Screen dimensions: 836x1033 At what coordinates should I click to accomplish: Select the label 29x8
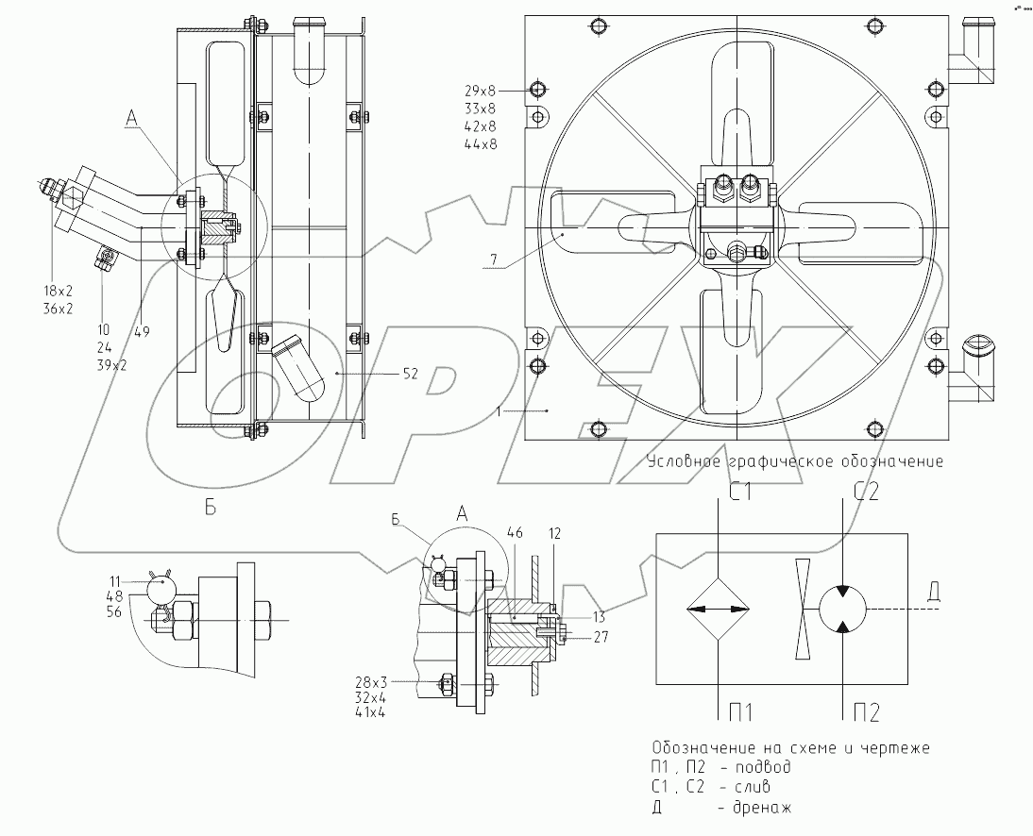(x=480, y=91)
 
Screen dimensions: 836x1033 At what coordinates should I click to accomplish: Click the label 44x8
(x=480, y=144)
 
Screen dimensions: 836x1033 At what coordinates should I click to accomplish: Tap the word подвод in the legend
(x=760, y=766)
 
